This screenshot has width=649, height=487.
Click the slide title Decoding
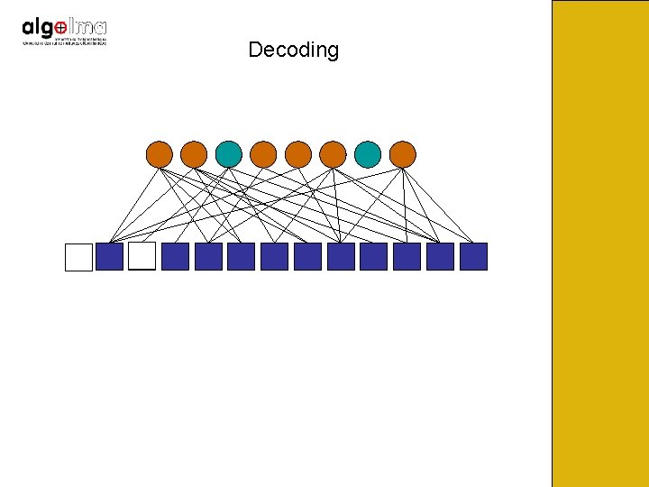(x=293, y=50)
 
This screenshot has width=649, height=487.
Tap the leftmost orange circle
(x=159, y=154)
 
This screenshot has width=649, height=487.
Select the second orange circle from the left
(x=194, y=154)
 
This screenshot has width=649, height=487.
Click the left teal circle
(x=228, y=154)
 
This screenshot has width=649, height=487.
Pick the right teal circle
(x=368, y=154)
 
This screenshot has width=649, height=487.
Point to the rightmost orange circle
(x=403, y=154)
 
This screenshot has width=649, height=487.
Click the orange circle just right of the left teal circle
(x=263, y=154)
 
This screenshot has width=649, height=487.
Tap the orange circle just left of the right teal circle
(x=333, y=154)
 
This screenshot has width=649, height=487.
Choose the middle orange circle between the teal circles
(x=298, y=154)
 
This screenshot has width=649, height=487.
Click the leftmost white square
(x=79, y=257)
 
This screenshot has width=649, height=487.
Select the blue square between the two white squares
(x=109, y=257)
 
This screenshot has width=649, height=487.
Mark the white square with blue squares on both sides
(x=142, y=257)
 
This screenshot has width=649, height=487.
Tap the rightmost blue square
(x=473, y=257)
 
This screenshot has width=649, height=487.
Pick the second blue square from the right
(x=440, y=257)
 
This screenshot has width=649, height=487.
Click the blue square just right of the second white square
(x=175, y=257)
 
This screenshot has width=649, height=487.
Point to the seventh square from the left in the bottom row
(x=274, y=257)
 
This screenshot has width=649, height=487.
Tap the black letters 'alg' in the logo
(x=37, y=28)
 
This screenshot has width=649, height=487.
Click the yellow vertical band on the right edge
(x=599, y=243)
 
